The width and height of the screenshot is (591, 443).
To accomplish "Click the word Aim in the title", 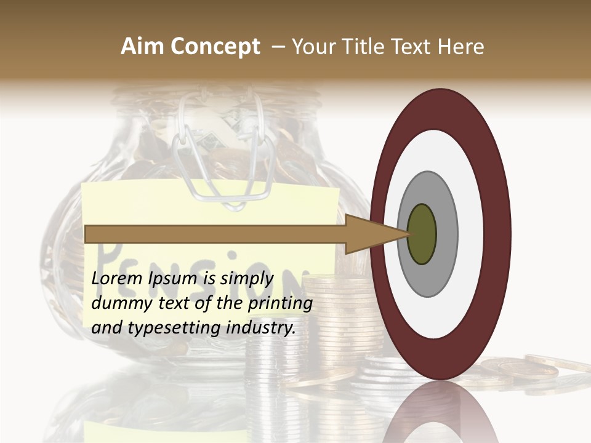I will click(x=141, y=47).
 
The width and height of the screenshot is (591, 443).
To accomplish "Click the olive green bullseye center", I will click(x=422, y=234).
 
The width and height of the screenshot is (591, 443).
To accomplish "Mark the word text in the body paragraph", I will click(x=174, y=303).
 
